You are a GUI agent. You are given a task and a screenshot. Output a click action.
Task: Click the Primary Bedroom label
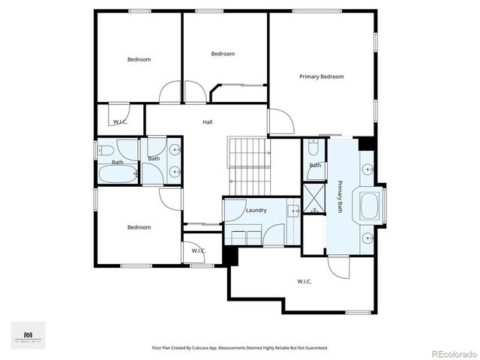tap(321, 76)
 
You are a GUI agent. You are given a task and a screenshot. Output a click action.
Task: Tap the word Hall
tap(207, 121)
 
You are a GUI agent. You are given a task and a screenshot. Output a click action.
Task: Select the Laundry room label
tap(256, 210)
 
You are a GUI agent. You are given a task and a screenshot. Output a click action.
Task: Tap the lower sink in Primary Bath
tap(369, 239)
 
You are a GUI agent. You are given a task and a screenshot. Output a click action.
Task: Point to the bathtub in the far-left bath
tap(117, 175)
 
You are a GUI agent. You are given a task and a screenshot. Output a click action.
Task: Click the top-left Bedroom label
tap(139, 59)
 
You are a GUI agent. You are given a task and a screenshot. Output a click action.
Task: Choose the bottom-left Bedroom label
tap(139, 227)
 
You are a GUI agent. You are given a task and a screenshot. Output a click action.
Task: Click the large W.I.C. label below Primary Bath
tap(304, 281)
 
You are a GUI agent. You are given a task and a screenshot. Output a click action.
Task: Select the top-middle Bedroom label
tap(223, 53)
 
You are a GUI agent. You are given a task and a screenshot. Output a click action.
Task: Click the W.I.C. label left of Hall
tap(119, 121)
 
